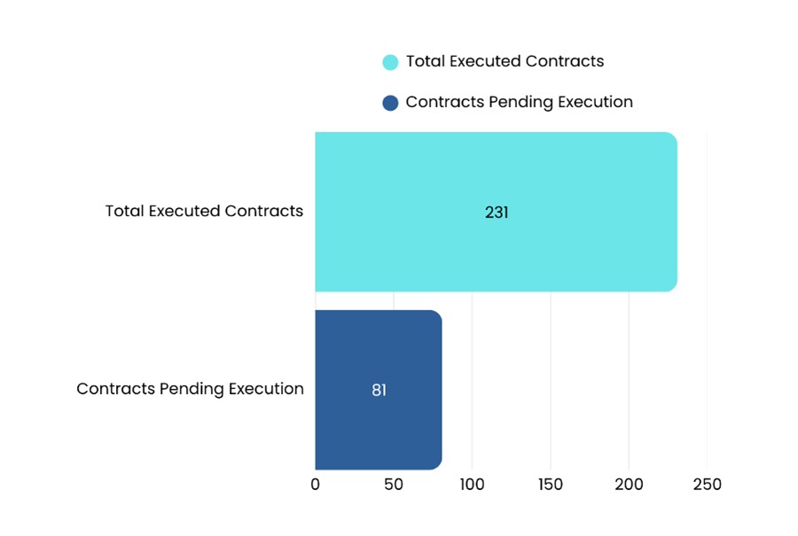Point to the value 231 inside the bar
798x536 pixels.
click(497, 213)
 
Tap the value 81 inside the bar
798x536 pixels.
click(379, 390)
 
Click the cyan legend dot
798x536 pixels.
click(390, 62)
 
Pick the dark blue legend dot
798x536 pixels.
click(390, 103)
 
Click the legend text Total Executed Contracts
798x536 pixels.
click(505, 61)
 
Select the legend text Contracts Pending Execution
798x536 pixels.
click(519, 102)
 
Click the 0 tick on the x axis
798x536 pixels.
click(316, 485)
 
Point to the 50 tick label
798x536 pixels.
click(394, 485)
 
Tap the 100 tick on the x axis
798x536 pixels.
click(472, 485)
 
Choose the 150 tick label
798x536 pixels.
click(550, 485)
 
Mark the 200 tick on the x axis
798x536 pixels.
click(629, 485)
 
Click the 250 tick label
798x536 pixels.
click(707, 485)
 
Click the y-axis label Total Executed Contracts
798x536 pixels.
click(204, 212)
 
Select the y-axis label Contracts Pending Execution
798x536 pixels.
click(190, 389)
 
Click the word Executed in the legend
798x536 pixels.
click(486, 61)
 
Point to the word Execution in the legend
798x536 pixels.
click(595, 102)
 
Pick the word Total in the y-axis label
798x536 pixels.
click(124, 212)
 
